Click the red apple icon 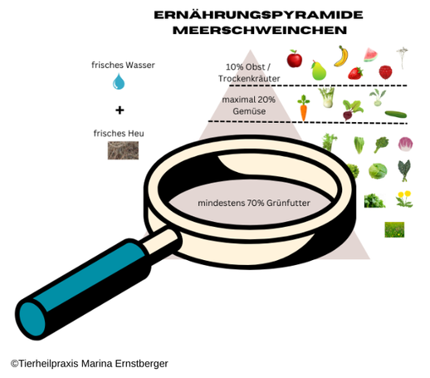294,59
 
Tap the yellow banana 342,56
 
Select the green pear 319,71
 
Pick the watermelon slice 370,55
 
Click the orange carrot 304,108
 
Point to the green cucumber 396,114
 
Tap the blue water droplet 119,81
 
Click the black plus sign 120,110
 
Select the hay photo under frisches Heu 123,150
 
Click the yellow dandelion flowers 404,199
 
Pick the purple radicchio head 405,145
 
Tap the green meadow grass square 394,229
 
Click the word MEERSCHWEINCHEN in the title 260,30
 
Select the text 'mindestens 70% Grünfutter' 254,203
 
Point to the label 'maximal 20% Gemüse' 249,106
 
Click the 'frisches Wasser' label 123,65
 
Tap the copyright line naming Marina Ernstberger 90,363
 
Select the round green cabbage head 378,171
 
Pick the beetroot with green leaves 352,109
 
